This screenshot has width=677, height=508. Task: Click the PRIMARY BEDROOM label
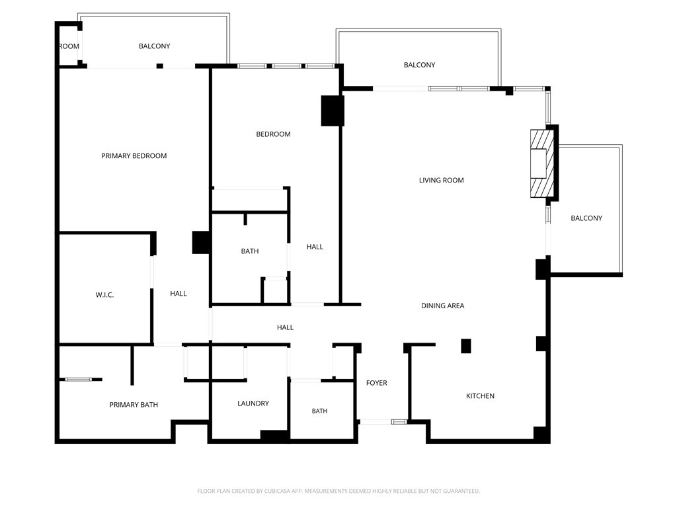(134, 156)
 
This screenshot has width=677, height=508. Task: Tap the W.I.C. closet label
(104, 295)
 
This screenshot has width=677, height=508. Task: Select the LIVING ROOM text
(441, 180)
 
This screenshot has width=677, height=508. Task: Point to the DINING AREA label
(442, 306)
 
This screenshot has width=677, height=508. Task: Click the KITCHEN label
(480, 396)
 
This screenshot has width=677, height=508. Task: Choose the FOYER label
(376, 383)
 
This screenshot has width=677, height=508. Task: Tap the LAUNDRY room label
(253, 403)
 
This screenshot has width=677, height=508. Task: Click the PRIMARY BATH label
(134, 405)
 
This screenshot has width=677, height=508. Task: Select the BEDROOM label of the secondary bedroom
(273, 134)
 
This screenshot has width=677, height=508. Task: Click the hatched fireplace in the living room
(542, 164)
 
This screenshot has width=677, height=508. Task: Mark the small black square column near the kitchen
(466, 346)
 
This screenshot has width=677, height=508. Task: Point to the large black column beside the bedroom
(333, 110)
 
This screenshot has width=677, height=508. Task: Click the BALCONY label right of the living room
(586, 218)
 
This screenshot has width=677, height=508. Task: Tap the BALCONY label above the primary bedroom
(154, 46)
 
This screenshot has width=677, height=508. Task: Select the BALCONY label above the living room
(419, 65)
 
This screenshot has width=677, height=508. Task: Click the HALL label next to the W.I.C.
(179, 294)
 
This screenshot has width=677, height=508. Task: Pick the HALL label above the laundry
(285, 327)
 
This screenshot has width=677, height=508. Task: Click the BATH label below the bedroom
(249, 251)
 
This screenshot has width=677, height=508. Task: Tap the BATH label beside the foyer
(319, 411)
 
